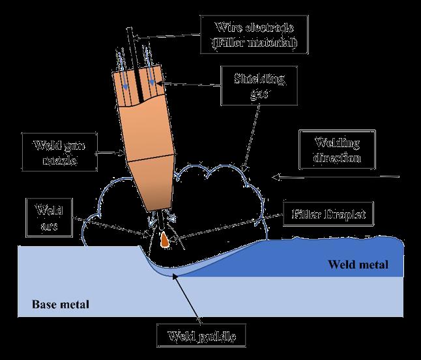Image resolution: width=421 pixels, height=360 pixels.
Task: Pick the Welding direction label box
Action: (337, 150)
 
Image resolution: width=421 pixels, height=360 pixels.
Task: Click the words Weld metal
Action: (358, 265)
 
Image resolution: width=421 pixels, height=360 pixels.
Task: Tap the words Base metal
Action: (60, 304)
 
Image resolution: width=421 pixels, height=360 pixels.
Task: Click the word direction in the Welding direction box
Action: (337, 158)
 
